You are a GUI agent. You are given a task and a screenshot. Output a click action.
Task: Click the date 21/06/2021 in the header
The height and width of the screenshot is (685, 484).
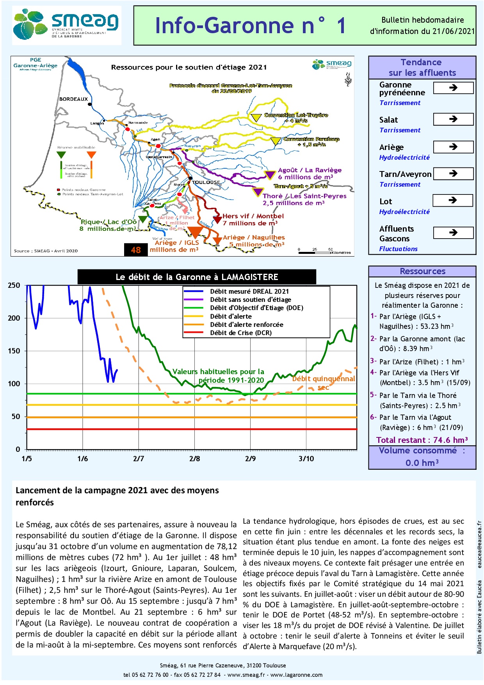453,31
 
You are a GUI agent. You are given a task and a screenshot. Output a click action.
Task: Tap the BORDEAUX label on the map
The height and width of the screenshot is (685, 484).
73,99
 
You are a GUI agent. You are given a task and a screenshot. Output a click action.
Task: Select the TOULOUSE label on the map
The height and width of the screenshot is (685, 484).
206,182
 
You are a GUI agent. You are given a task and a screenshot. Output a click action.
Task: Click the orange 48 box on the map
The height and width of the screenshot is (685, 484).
136,250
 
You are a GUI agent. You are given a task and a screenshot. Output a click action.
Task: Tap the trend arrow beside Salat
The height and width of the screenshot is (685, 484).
453,119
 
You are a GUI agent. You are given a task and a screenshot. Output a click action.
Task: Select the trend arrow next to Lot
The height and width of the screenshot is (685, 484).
453,200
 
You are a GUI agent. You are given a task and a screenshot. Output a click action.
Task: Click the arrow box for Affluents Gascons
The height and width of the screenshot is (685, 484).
453,233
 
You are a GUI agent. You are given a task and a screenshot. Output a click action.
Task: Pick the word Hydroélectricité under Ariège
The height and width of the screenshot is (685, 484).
404,157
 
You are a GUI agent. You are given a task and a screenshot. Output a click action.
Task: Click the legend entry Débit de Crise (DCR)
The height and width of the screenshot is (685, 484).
240,333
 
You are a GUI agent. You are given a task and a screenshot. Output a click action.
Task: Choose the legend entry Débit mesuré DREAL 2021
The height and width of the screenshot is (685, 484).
249,291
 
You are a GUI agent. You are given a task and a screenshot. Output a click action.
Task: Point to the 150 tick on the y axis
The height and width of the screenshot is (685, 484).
14,351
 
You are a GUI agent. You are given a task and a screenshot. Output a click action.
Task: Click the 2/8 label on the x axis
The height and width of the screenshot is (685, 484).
194,458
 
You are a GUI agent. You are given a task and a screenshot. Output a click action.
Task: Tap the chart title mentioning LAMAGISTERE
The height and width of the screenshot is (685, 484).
197,277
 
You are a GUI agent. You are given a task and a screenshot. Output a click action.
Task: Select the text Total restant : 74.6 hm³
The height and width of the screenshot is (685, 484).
422,440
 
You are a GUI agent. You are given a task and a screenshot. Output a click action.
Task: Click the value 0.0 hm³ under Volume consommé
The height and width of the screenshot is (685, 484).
422,463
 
